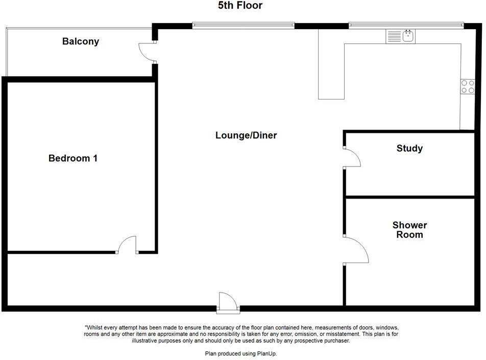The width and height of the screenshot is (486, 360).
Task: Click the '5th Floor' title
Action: tap(240, 5)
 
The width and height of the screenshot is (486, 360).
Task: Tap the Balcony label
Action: tap(81, 41)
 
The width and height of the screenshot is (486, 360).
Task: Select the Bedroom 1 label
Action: tap(73, 158)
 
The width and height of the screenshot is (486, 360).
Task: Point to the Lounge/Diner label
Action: tap(246, 135)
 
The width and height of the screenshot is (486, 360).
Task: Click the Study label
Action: tap(409, 148)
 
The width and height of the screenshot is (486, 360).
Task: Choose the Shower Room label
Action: tap(410, 230)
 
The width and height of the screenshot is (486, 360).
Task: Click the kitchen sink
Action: tap(408, 36)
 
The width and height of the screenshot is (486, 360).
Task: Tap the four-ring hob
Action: tap(468, 86)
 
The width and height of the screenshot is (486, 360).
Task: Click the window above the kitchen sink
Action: tap(406, 25)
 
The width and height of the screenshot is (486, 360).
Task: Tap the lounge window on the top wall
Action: tap(244, 26)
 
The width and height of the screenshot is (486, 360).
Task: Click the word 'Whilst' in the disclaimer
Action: tap(94, 327)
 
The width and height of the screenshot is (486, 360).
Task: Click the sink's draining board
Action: tap(394, 36)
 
